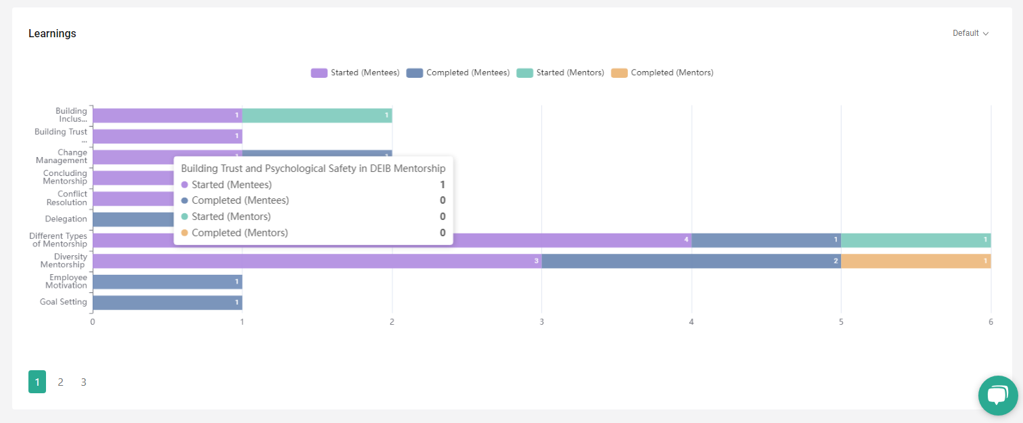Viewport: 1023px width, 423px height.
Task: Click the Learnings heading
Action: tap(52, 34)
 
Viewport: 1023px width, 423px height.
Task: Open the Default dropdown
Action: tap(970, 33)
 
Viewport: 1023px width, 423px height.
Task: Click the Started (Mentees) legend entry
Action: tap(355, 72)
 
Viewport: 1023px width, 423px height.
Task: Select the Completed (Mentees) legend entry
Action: tap(458, 72)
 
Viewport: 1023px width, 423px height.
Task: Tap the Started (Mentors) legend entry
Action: tap(560, 72)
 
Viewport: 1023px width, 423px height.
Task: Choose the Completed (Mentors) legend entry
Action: tap(662, 72)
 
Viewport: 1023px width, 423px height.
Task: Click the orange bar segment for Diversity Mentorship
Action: tap(915, 261)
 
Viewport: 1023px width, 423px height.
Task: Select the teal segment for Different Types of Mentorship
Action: tap(915, 240)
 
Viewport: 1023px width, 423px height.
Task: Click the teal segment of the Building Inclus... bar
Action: tap(317, 116)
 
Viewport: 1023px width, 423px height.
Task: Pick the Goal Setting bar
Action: tap(167, 303)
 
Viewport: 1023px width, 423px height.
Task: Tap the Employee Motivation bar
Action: tap(167, 282)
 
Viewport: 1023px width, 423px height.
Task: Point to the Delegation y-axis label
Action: tap(66, 219)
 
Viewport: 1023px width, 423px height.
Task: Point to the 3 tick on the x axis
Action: tap(541, 322)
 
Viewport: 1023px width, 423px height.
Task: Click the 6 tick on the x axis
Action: tap(991, 322)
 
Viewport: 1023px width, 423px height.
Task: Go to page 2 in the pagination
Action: tap(60, 382)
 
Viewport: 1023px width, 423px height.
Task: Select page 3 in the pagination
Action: tap(83, 382)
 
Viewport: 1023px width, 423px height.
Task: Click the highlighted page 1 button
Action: tap(37, 382)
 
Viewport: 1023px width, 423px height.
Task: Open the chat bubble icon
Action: tap(997, 395)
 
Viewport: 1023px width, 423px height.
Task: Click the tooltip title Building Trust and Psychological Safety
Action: tap(313, 169)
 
